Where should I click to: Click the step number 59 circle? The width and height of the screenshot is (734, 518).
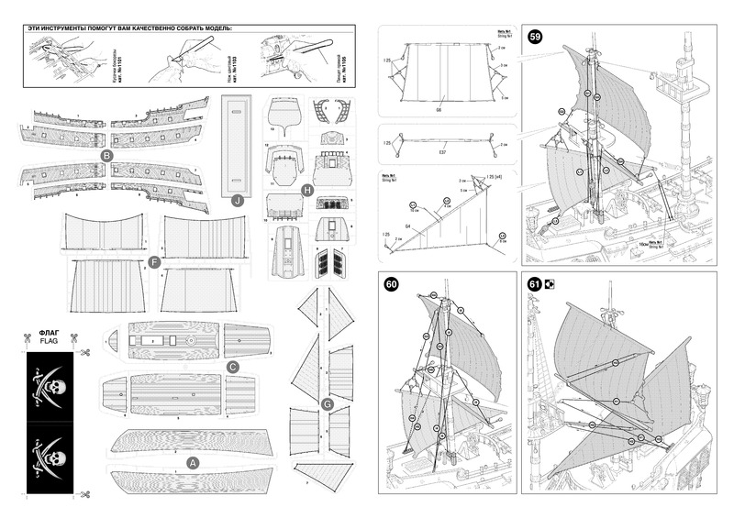click(x=534, y=38)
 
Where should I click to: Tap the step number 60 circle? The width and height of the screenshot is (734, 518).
click(x=392, y=285)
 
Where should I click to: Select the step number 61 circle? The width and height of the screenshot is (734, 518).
click(x=534, y=284)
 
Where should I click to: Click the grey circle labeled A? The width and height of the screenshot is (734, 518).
click(x=193, y=463)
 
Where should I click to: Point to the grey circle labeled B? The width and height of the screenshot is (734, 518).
click(x=107, y=157)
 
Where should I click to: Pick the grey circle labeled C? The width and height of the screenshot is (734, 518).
click(x=233, y=366)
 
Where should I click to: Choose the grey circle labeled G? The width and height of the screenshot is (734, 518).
click(x=328, y=402)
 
